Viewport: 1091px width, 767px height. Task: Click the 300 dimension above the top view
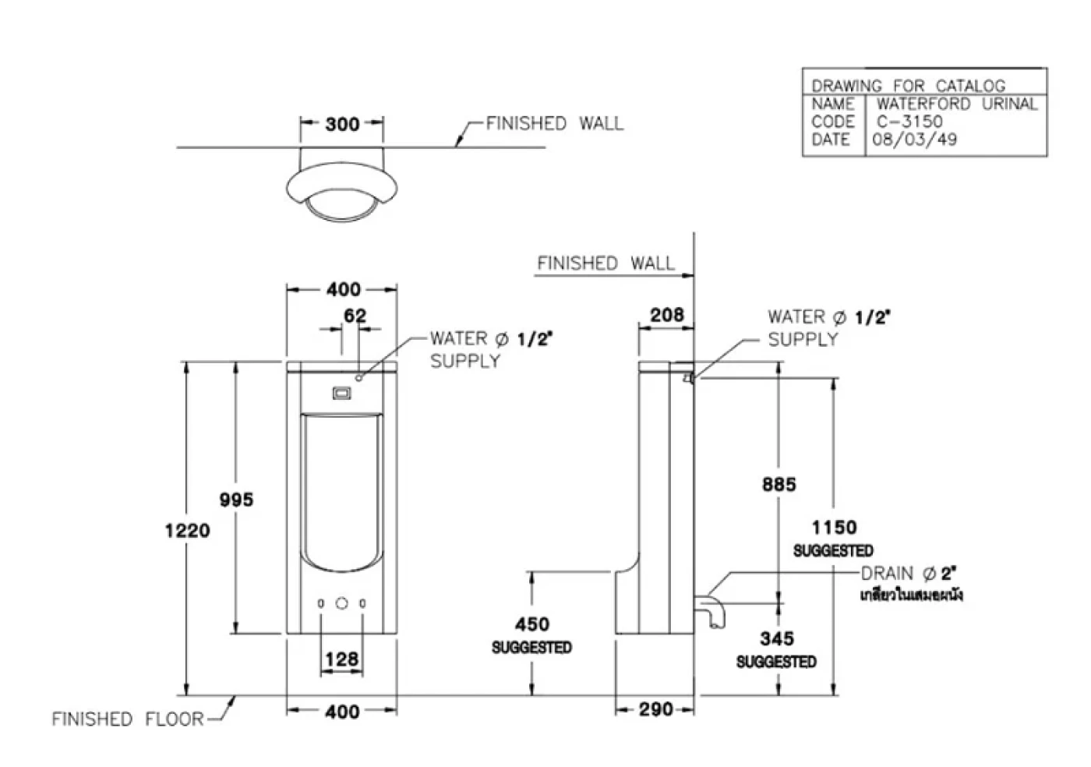(x=342, y=124)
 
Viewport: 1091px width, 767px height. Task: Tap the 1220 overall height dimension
(x=188, y=531)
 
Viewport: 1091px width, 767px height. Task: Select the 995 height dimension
(x=236, y=500)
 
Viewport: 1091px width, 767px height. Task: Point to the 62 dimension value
(x=355, y=316)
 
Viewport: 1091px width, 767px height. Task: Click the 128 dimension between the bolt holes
(x=341, y=659)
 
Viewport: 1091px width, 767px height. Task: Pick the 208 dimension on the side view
(x=667, y=315)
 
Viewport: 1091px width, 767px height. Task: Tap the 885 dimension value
(x=779, y=484)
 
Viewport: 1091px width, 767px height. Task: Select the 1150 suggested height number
(x=834, y=528)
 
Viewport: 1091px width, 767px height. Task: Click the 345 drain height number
(x=777, y=639)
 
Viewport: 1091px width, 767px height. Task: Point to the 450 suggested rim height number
(x=531, y=624)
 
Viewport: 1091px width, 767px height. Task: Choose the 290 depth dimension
(x=655, y=710)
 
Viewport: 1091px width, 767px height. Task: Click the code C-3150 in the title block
(x=909, y=122)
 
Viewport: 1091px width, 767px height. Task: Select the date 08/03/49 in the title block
(x=915, y=140)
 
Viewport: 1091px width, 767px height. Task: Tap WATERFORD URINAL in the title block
(x=956, y=104)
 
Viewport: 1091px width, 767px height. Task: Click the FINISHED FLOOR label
(x=127, y=719)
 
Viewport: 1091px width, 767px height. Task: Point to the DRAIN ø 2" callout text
(x=908, y=574)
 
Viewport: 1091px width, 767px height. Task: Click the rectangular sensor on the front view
(x=342, y=394)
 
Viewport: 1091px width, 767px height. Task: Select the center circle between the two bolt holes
(x=342, y=603)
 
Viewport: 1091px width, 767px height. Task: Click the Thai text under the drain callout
(x=911, y=596)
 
